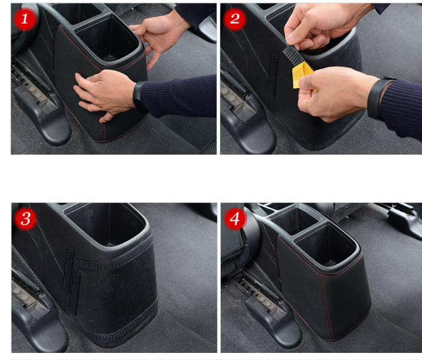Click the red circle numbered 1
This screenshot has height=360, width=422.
pyautogui.click(x=25, y=19)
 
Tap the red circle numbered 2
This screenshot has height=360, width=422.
pyautogui.click(x=235, y=19)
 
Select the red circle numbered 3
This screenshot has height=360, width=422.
pyautogui.click(x=25, y=218)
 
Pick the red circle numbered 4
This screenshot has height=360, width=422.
pyautogui.click(x=235, y=218)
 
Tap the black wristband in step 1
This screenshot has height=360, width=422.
pyautogui.click(x=139, y=97)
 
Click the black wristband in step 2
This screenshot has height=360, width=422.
pyautogui.click(x=377, y=97)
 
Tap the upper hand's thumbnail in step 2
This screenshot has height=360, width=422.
pyautogui.click(x=290, y=38)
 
